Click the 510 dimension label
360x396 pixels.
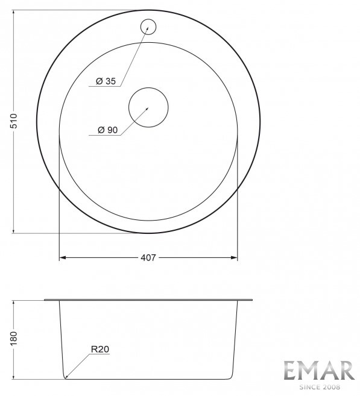tap(14, 121)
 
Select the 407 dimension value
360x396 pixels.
tap(148, 258)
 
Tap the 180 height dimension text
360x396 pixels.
tap(14, 339)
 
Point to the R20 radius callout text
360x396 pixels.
tap(100, 349)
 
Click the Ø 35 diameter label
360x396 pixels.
tap(106, 81)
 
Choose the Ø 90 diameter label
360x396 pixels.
tap(107, 130)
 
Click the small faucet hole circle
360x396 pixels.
tap(148, 27)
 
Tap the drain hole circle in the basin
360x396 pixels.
tap(148, 107)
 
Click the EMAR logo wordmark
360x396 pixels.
tap(319, 370)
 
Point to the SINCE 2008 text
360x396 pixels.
tap(320, 387)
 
